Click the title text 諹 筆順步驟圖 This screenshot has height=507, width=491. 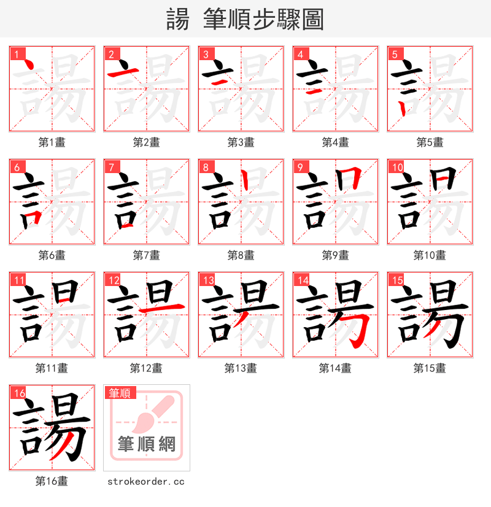pyautogui.click(x=245, y=19)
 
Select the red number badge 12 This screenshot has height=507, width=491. pyautogui.click(x=113, y=281)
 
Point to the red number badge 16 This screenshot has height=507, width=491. pyautogui.click(x=18, y=393)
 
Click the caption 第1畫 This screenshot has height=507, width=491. pyautogui.click(x=52, y=142)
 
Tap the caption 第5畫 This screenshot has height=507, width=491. pyautogui.click(x=430, y=142)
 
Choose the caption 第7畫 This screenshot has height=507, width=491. pyautogui.click(x=147, y=255)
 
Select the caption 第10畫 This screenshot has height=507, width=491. pyautogui.click(x=430, y=255)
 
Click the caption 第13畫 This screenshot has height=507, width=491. pyautogui.click(x=241, y=368)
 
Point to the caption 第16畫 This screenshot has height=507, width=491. pyautogui.click(x=52, y=481)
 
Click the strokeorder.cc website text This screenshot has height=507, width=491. pyautogui.click(x=146, y=482)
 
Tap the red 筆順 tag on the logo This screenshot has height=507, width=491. pyautogui.click(x=120, y=393)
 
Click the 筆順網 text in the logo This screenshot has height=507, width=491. pyautogui.click(x=146, y=444)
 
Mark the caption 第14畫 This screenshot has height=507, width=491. pyautogui.click(x=335, y=368)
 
